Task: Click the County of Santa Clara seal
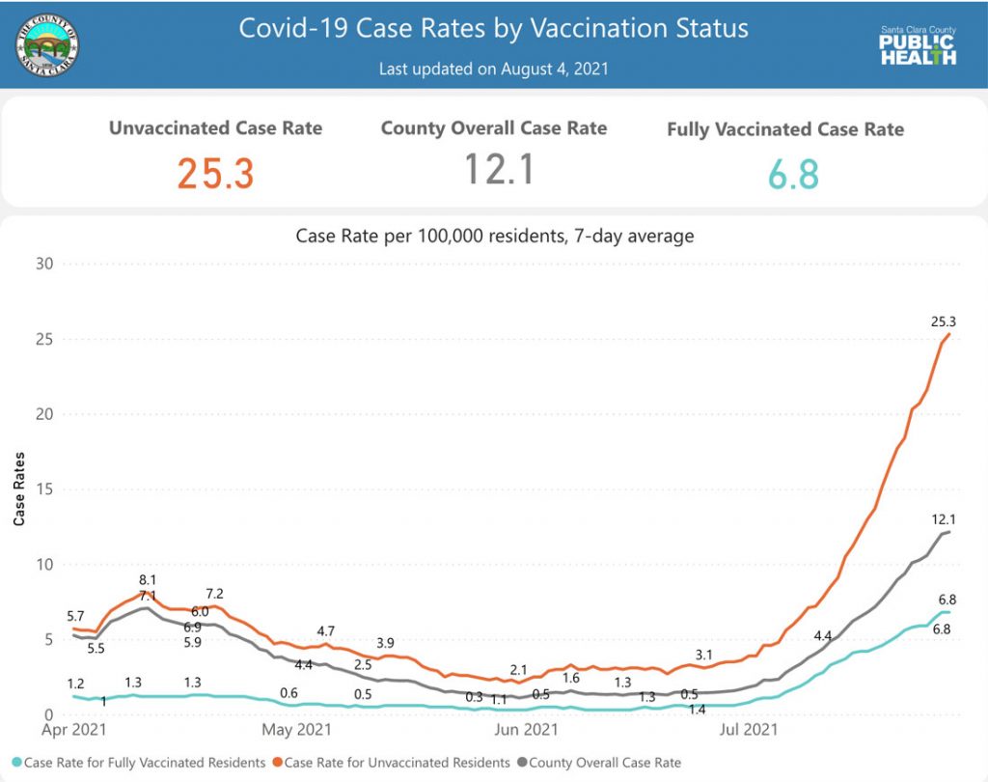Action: (48, 45)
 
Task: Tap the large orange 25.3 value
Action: (215, 174)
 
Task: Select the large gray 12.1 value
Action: (499, 170)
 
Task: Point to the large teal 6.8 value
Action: (793, 176)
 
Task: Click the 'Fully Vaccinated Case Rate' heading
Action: (785, 129)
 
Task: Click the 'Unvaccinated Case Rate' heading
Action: (215, 127)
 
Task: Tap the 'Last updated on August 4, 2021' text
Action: (493, 70)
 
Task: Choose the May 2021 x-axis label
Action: (296, 729)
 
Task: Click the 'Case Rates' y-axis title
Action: (19, 489)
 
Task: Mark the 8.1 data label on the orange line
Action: (148, 579)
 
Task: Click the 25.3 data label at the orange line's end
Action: (944, 321)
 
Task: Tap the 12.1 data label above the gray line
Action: (944, 519)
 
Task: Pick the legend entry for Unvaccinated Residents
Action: (396, 763)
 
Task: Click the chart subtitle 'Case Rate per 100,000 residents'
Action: (493, 235)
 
